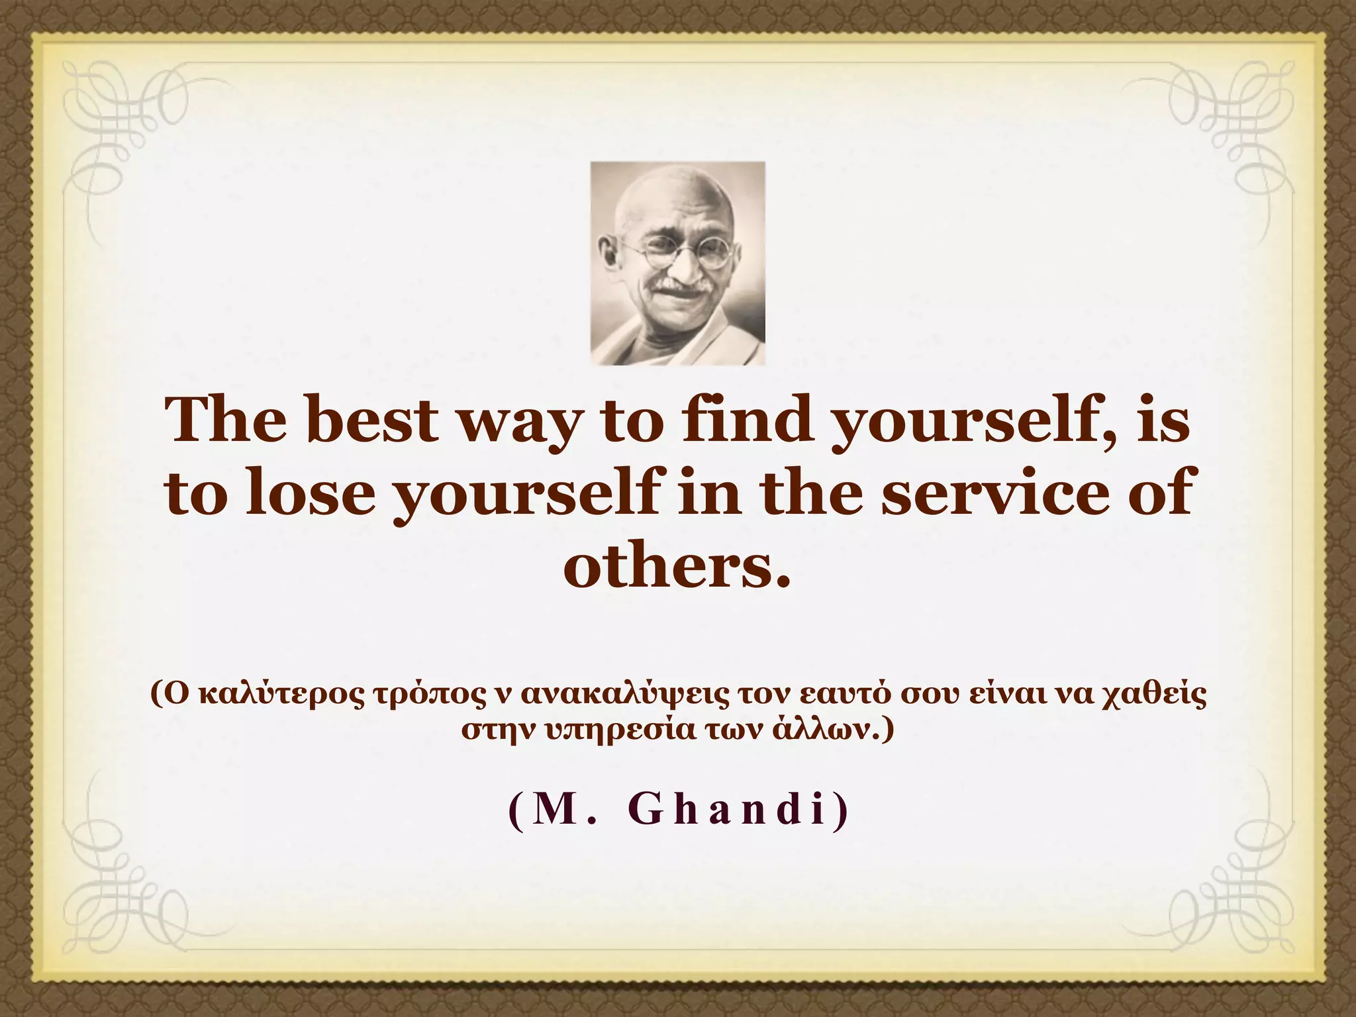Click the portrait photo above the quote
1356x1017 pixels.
coord(677,263)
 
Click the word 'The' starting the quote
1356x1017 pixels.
coord(224,421)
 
